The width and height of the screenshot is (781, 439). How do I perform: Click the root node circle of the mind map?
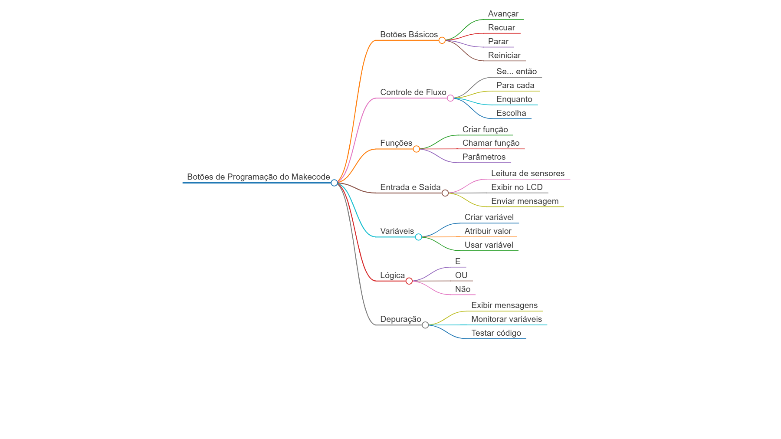click(x=334, y=183)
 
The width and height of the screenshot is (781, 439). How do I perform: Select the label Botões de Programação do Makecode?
click(x=259, y=177)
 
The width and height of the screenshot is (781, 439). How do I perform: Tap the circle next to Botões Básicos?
click(x=442, y=40)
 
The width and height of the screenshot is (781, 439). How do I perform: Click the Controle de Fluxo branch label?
click(x=413, y=92)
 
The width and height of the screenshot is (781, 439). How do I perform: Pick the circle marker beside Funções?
click(x=416, y=149)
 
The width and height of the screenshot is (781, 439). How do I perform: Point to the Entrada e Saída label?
click(x=410, y=187)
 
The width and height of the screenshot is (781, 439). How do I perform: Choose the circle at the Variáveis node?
click(x=418, y=237)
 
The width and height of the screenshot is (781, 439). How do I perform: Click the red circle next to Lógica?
click(x=409, y=281)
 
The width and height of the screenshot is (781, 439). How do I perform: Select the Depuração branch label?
click(x=400, y=319)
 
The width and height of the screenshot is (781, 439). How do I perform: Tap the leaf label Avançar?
click(x=503, y=14)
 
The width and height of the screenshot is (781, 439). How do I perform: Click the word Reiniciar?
click(x=504, y=56)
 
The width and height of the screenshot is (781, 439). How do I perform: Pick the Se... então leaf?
click(x=516, y=72)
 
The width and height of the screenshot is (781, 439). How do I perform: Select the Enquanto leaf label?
click(x=514, y=99)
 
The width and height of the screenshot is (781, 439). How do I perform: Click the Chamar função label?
click(x=491, y=143)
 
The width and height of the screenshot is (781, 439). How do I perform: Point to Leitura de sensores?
click(x=528, y=174)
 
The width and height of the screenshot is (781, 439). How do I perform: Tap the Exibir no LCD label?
click(x=517, y=187)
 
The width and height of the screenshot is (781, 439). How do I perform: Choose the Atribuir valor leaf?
click(x=488, y=231)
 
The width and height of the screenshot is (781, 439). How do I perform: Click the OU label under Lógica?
click(x=461, y=275)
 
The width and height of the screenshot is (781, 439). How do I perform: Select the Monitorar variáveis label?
click(x=506, y=319)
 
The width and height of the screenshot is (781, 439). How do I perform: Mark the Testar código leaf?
click(x=496, y=333)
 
